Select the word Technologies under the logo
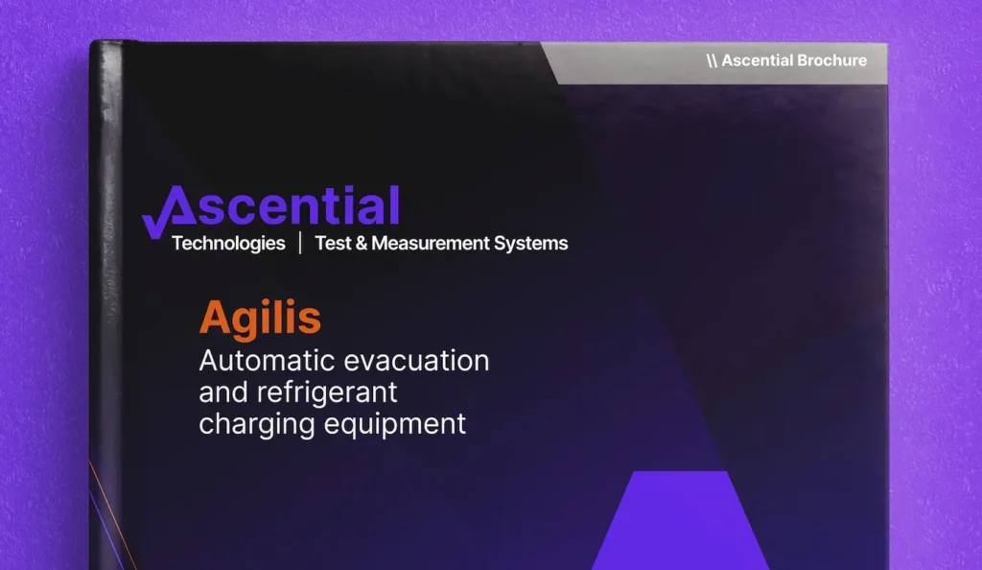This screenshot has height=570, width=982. click(x=228, y=244)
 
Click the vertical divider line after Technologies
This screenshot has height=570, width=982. click(x=300, y=244)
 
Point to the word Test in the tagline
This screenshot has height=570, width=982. click(x=334, y=244)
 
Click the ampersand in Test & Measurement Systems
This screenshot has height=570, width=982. click(x=362, y=244)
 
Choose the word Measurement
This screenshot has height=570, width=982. click(x=431, y=244)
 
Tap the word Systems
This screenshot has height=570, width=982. click(x=531, y=244)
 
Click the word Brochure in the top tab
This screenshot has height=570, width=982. click(x=828, y=60)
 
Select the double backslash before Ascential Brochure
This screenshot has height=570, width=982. click(x=712, y=60)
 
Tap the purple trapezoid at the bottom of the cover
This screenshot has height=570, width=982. click(x=680, y=523)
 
